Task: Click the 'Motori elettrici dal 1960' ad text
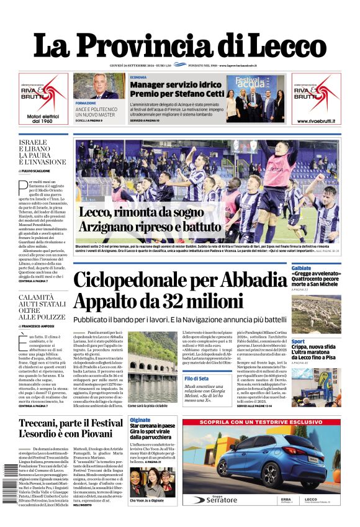pos(43,117)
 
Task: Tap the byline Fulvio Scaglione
pos(37,170)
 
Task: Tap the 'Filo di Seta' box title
pos(196,378)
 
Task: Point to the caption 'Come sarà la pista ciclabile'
pos(148,405)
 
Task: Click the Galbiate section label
pos(302,268)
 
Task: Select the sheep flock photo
pos(316,314)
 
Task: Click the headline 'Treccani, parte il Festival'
pos(71,423)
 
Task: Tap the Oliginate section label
pos(140,420)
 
